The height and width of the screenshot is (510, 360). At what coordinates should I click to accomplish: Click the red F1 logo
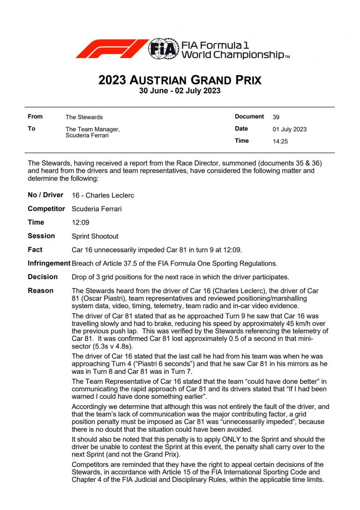tap(111, 49)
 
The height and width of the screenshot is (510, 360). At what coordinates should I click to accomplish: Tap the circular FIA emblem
tap(164, 49)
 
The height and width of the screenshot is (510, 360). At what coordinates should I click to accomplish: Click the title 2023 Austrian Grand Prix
tap(180, 80)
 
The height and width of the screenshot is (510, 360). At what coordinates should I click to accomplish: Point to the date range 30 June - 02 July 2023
tap(180, 91)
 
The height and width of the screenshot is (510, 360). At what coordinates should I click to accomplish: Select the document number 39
tap(276, 117)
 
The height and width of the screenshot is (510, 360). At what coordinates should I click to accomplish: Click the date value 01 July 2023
tap(290, 129)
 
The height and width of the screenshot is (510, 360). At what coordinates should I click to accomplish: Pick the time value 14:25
tap(280, 141)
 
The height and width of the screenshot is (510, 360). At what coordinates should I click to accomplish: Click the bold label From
tap(35, 117)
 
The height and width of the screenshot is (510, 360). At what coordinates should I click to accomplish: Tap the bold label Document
tap(249, 117)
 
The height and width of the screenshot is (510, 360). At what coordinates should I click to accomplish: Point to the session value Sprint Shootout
tap(95, 236)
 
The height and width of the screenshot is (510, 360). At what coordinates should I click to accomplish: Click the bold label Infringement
tap(49, 263)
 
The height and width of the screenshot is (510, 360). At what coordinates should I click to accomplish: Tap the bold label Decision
tap(43, 277)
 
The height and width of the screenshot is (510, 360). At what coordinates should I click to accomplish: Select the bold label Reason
tap(41, 291)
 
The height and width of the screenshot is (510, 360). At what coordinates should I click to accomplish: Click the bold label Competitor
tap(46, 209)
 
